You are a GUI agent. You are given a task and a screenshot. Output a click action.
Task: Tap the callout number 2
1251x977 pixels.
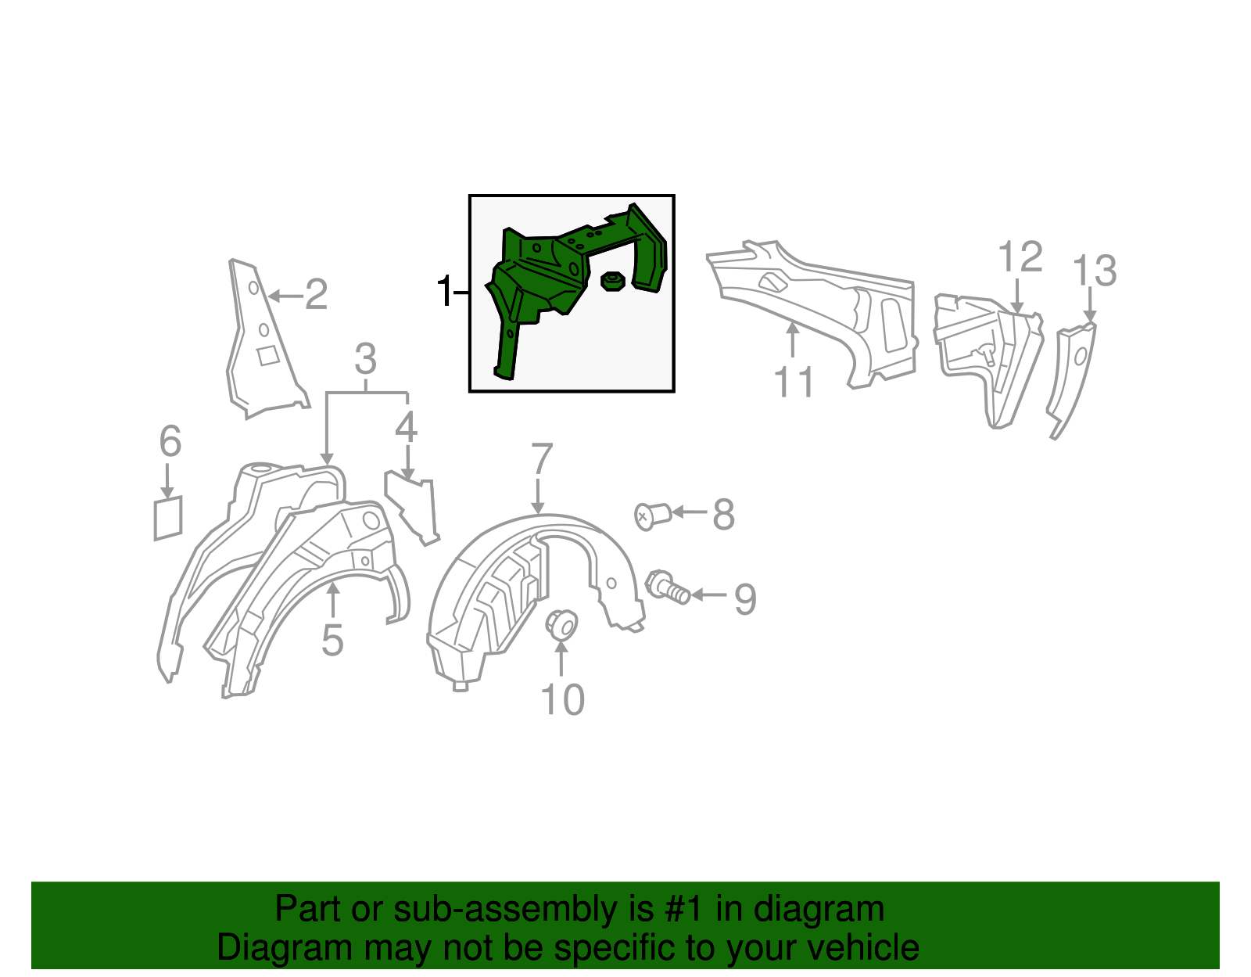point(316,294)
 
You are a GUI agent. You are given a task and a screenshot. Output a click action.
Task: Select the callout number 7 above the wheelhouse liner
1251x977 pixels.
point(542,459)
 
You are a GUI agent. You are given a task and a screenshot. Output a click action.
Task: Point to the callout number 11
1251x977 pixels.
point(794,382)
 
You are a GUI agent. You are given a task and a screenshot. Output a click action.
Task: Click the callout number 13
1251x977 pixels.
point(1095,271)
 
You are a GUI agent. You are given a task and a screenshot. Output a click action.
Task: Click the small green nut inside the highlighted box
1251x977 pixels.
point(612,282)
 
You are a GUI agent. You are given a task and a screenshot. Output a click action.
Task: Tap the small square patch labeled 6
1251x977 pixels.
point(168,518)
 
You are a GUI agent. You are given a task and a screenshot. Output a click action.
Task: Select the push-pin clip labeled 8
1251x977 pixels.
point(653,515)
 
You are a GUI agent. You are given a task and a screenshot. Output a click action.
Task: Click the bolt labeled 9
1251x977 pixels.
point(668,587)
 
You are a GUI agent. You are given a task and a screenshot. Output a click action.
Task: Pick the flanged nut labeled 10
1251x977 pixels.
point(561,625)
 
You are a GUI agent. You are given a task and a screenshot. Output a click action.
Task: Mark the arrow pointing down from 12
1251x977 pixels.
point(1017,296)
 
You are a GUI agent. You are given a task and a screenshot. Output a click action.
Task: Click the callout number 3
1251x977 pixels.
point(366,359)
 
